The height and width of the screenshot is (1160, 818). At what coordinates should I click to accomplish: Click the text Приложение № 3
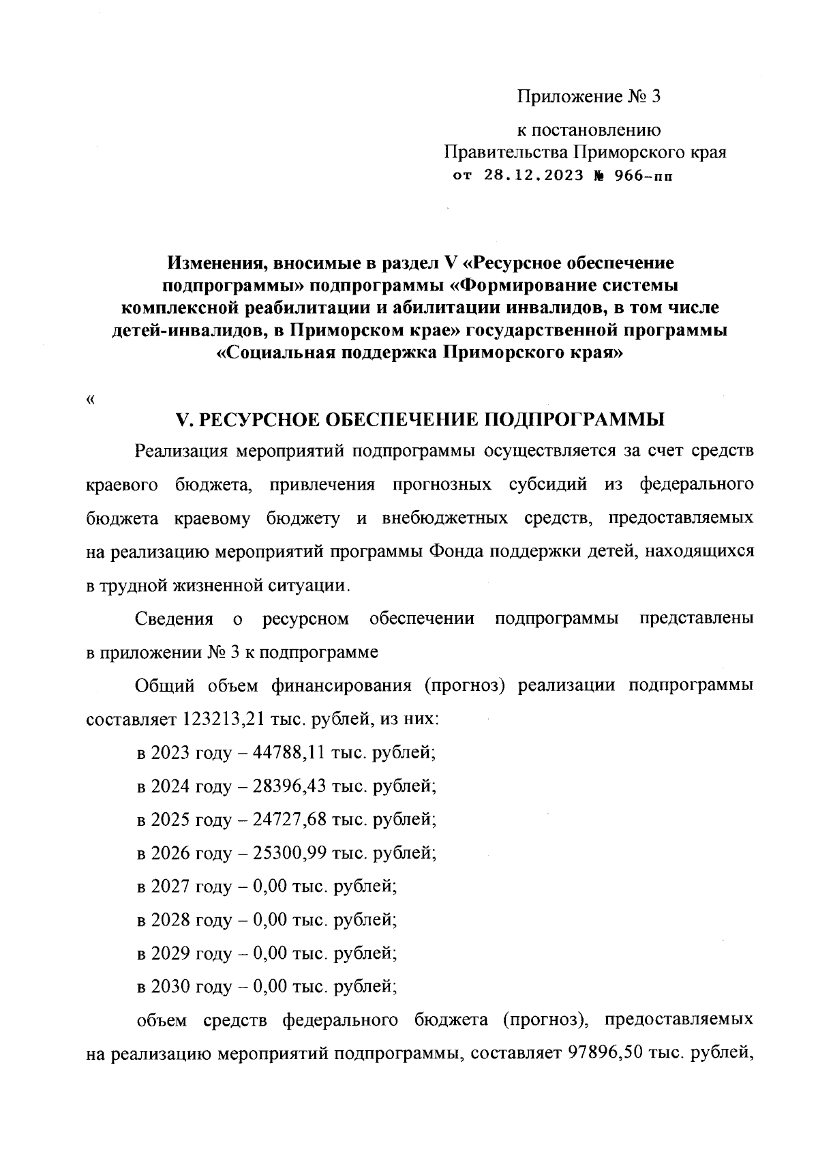coord(588,97)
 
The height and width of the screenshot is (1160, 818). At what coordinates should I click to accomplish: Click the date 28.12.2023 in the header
coord(534,175)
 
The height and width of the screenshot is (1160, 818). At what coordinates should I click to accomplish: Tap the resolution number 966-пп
coord(643,175)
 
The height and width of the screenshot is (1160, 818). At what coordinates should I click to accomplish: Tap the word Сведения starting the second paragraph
coord(175,619)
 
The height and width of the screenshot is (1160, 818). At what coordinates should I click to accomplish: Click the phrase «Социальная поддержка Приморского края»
coord(420,354)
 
